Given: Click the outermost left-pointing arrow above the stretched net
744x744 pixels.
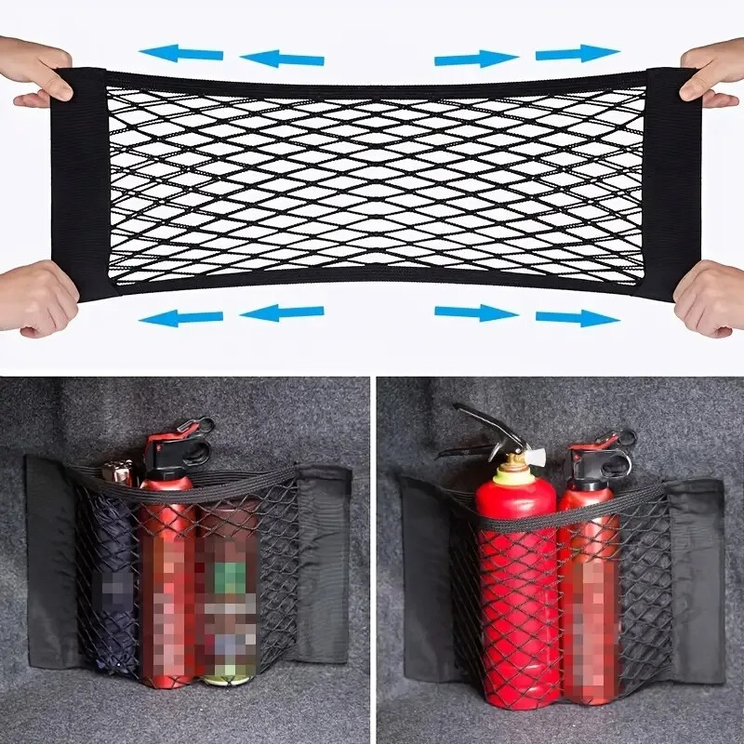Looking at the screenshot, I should coord(181,53).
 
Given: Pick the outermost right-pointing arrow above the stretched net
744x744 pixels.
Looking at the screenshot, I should coord(577,53).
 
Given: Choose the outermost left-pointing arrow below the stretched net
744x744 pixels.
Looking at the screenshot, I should coord(181,317).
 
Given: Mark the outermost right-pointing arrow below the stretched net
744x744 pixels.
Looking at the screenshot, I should coord(577,317).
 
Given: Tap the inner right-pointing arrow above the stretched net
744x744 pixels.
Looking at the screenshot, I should coord(475,59).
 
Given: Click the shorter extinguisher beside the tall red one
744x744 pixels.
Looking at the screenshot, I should coord(588,577).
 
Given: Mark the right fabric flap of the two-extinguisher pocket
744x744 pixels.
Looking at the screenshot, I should coord(697,577).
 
